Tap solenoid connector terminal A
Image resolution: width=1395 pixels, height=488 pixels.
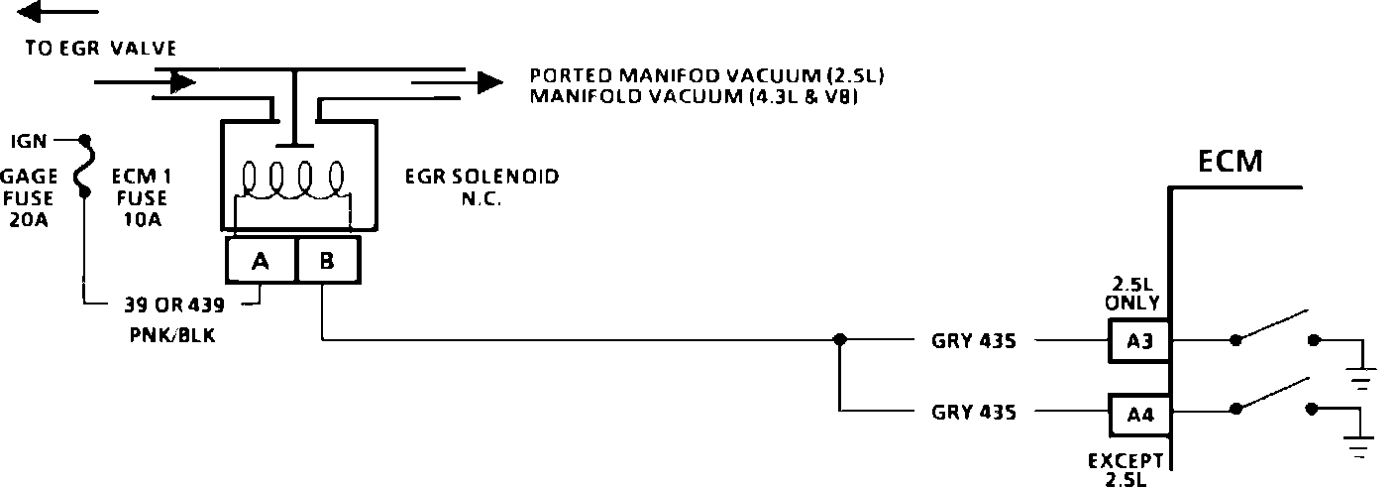point(261,261)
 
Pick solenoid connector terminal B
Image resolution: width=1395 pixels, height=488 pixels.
point(326,261)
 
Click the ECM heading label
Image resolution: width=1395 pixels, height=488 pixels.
point(1230,162)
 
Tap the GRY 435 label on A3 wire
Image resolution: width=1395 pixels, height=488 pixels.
point(974,340)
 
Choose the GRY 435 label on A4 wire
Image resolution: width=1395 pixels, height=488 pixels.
point(974,411)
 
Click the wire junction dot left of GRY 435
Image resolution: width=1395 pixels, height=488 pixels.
point(839,339)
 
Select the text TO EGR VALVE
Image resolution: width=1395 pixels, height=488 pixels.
point(102,48)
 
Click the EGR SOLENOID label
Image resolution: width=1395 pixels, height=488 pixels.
point(482,178)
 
